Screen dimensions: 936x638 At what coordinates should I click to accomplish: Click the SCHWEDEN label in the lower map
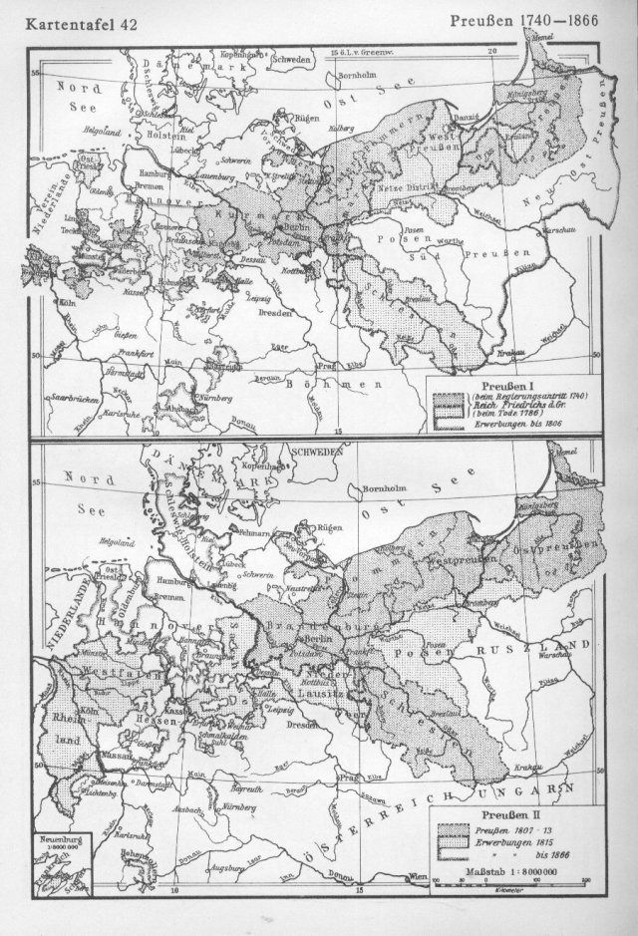click(313, 451)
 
